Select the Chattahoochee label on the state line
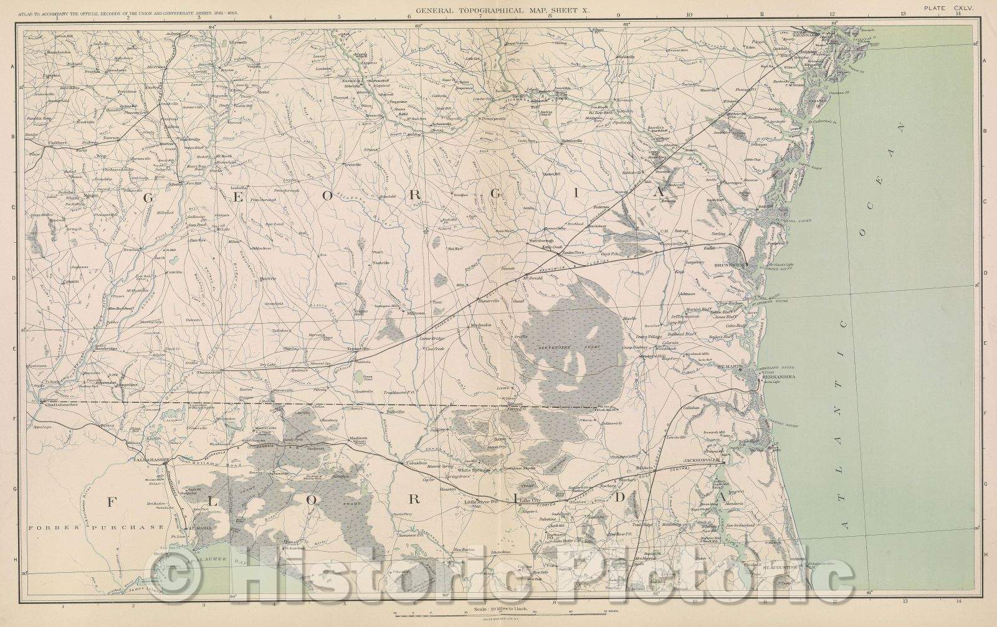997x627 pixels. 60,407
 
